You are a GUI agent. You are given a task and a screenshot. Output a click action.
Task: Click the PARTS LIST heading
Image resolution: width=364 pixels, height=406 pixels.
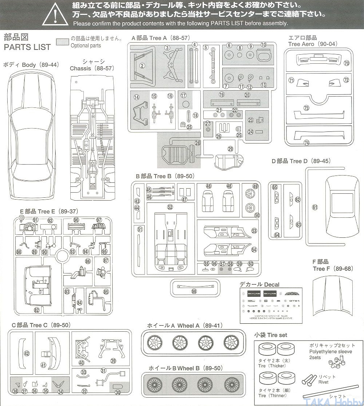[x=27, y=47]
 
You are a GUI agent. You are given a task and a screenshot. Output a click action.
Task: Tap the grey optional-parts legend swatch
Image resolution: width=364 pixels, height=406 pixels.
[x=63, y=42]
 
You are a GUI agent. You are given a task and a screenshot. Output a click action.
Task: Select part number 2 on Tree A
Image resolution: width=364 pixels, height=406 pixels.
[x=142, y=66]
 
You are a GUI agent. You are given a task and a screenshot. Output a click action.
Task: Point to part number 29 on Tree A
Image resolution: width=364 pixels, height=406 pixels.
[x=230, y=149]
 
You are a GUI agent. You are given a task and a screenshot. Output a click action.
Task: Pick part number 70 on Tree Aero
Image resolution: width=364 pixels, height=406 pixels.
[x=346, y=63]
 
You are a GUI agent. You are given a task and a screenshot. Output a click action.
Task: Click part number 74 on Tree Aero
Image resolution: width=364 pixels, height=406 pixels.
[x=306, y=143]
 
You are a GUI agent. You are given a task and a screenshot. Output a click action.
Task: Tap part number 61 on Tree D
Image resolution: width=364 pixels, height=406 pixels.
[x=315, y=207]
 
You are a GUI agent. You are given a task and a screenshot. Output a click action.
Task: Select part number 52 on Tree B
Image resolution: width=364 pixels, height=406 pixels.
[x=170, y=207]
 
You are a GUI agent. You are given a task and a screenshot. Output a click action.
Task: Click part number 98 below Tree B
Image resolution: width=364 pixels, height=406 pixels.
[x=193, y=291]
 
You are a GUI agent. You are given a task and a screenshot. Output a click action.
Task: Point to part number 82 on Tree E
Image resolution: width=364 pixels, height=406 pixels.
[x=36, y=310]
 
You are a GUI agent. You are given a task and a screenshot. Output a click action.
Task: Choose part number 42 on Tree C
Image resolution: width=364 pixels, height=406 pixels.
[x=26, y=353]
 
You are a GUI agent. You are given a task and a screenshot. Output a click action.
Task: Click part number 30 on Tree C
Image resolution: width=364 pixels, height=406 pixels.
[x=117, y=392]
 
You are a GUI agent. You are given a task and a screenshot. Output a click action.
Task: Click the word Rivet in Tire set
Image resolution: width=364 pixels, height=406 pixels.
[x=323, y=382]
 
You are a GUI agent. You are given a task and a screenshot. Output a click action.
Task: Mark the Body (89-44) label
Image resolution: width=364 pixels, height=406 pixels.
[x=31, y=65]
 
